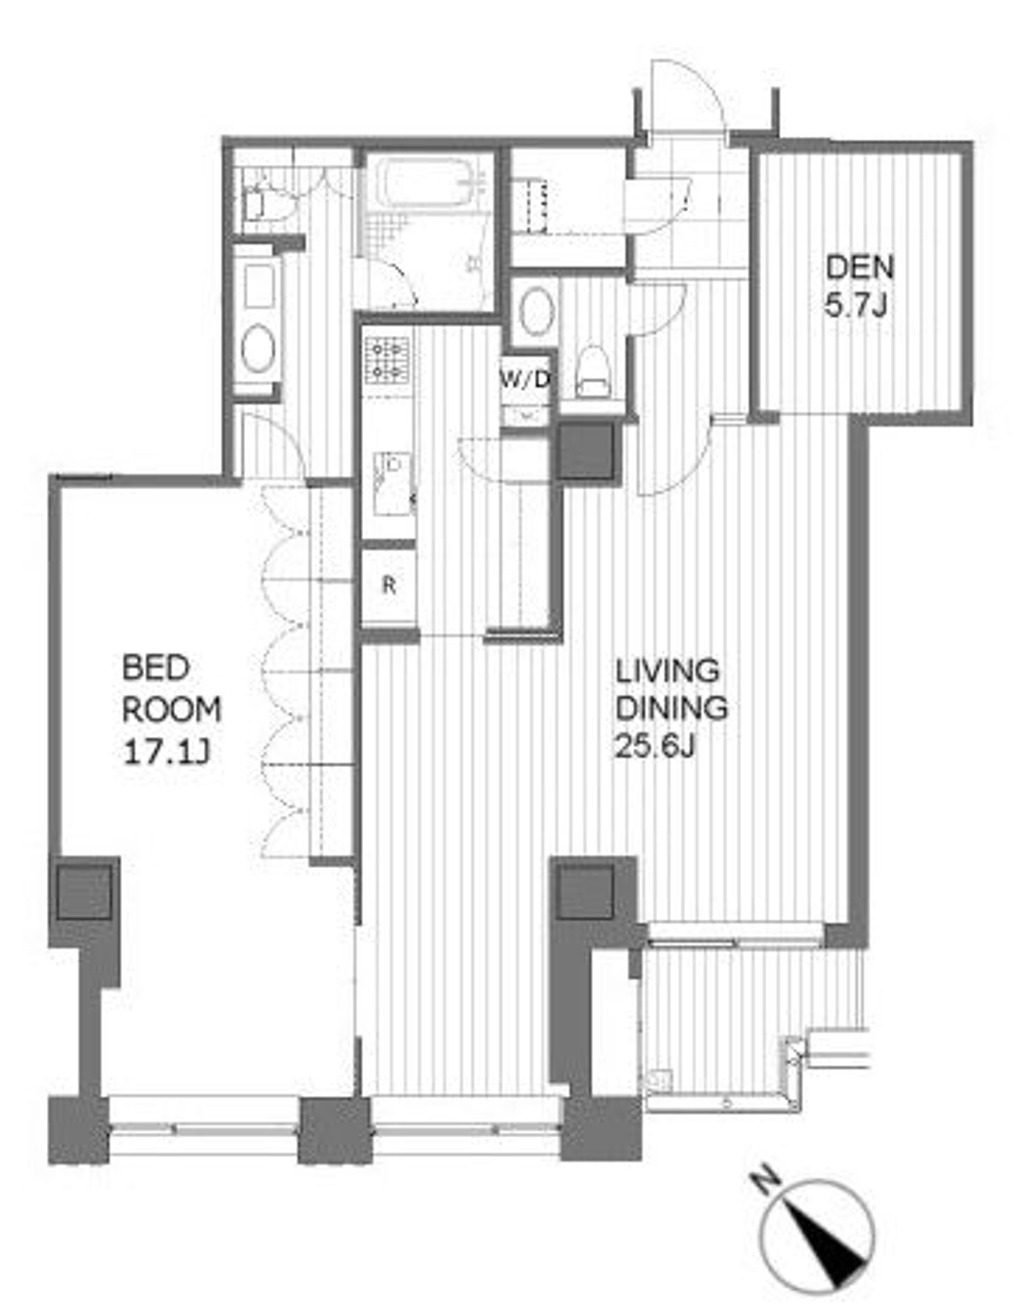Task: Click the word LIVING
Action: [x=668, y=670]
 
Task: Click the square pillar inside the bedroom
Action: [x=84, y=891]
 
